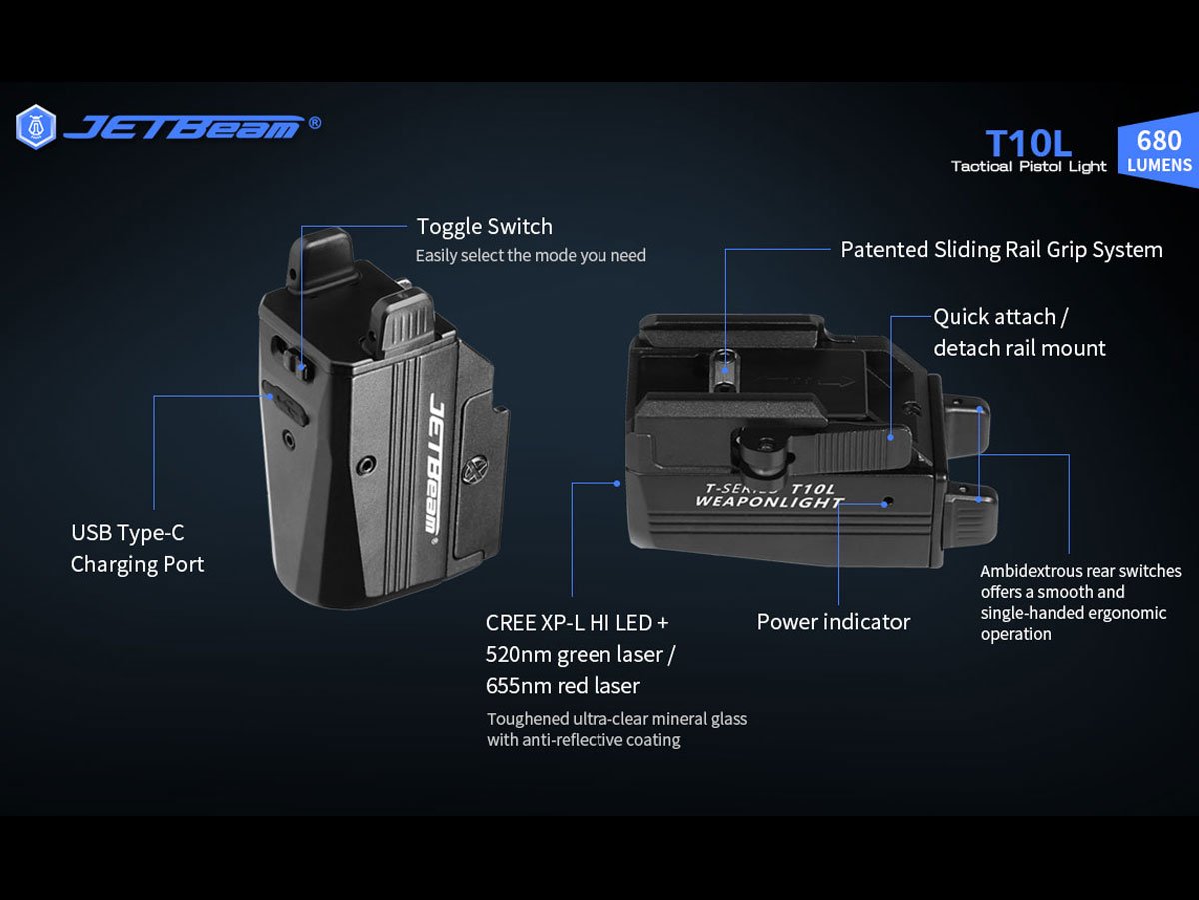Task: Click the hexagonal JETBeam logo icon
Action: [36, 127]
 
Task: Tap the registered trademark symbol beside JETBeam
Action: [315, 123]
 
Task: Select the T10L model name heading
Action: [1028, 144]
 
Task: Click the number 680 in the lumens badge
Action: [1159, 140]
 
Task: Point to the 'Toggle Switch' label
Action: [484, 227]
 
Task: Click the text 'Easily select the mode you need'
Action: [531, 255]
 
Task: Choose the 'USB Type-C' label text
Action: [127, 533]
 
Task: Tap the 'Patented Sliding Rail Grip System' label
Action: [1001, 250]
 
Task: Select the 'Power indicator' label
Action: [833, 622]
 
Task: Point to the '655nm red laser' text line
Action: [563, 686]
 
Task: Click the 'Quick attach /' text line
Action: [1001, 317]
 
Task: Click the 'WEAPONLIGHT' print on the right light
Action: [769, 502]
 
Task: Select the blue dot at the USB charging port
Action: [270, 396]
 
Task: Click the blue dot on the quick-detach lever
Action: [891, 437]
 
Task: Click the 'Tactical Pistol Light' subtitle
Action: [1028, 167]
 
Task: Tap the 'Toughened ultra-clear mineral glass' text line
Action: [616, 719]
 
